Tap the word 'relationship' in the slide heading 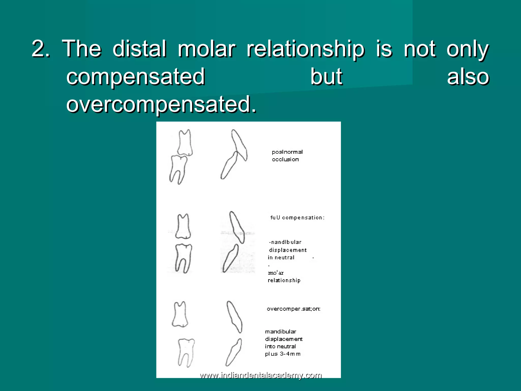(306, 49)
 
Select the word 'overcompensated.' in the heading (161, 104)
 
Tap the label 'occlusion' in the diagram (285, 159)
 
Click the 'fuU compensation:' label (297, 218)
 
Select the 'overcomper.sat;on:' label (294, 309)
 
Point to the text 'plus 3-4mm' (283, 354)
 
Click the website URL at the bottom (261, 375)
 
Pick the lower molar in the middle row (183, 258)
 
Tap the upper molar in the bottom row (180, 314)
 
